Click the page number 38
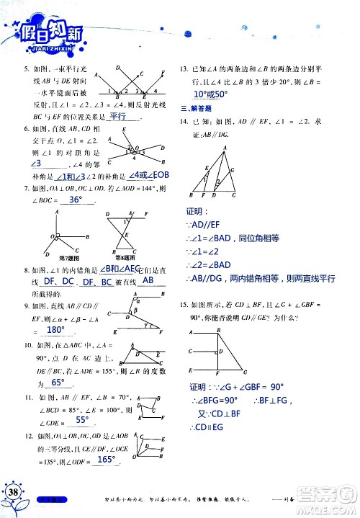pos(14,491)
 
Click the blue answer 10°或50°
pos(210,94)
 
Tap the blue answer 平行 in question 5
pos(117,115)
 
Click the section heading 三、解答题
pos(194,107)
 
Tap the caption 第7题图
pos(59,256)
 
